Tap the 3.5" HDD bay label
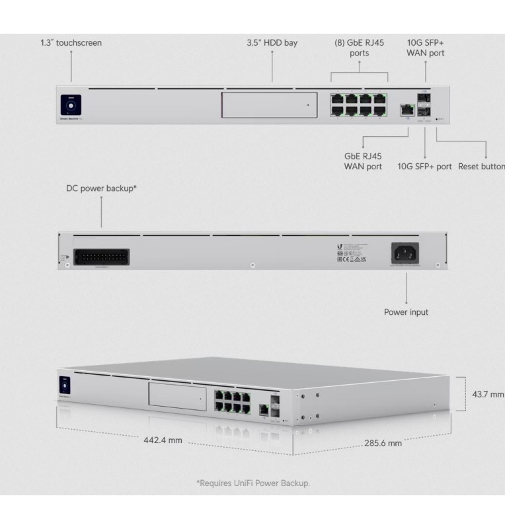point(272,43)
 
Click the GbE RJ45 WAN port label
point(363,161)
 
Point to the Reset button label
point(481,166)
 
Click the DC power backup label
point(101,188)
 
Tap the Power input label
point(406,311)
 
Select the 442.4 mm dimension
point(163,440)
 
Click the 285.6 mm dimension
point(382,442)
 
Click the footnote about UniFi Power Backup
point(252,483)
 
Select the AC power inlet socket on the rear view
point(406,253)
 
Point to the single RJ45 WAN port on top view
point(404,110)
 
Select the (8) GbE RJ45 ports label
point(359,48)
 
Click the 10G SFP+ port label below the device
point(424,166)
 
